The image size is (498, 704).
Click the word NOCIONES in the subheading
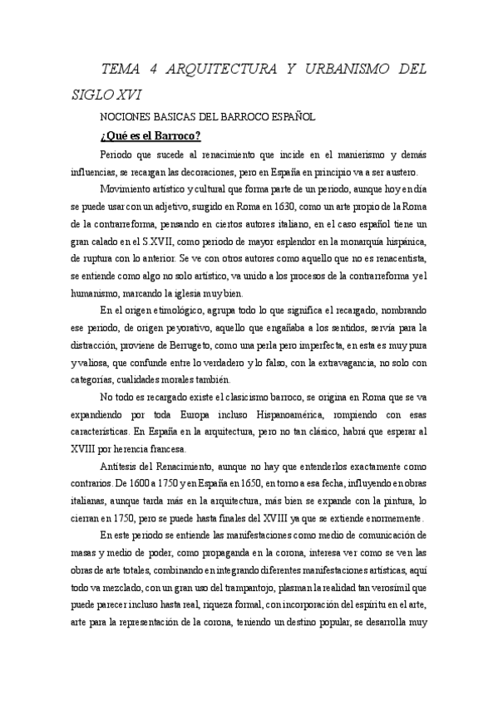click(123, 118)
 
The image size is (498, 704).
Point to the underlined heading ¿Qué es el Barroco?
click(150, 136)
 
